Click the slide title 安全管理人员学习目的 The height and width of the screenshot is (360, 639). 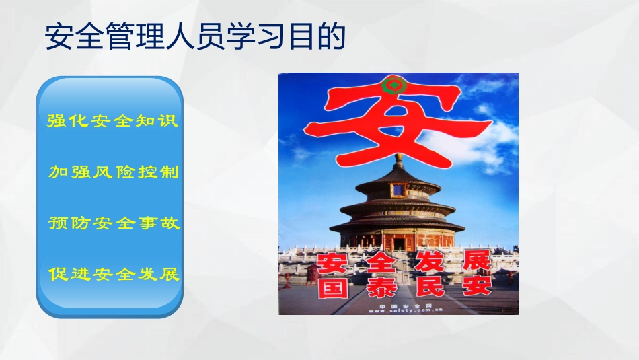click(x=195, y=37)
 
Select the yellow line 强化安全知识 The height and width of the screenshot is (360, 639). click(x=112, y=121)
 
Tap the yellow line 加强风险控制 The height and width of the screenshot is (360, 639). click(x=114, y=172)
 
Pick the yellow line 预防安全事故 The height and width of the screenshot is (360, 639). click(x=114, y=223)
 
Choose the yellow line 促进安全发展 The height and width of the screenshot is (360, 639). click(x=114, y=275)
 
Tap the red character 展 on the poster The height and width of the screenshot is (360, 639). click(x=476, y=261)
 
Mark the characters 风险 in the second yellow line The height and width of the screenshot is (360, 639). click(x=114, y=172)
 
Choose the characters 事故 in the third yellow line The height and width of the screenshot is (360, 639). click(x=163, y=223)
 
